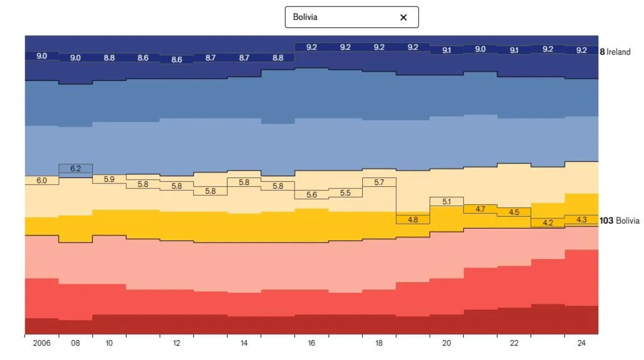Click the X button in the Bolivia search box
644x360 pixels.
(x=404, y=17)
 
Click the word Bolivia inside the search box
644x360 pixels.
(x=305, y=17)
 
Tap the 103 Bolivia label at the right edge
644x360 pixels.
(x=620, y=221)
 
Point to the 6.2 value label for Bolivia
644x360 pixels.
(x=76, y=168)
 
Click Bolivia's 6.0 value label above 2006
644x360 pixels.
(x=42, y=181)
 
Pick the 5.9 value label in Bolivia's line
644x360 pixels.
(x=109, y=179)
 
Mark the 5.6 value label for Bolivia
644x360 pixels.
(x=312, y=195)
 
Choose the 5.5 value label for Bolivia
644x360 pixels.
(x=345, y=193)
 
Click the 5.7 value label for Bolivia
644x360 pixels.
(x=379, y=182)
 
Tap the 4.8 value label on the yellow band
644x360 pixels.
(x=413, y=220)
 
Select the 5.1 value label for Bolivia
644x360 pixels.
(x=447, y=202)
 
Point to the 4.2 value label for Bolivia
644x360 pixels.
(x=548, y=223)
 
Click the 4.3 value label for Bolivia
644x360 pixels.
(x=581, y=220)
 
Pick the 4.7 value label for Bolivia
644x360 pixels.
(x=480, y=209)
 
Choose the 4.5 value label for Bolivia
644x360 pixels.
(x=514, y=212)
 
